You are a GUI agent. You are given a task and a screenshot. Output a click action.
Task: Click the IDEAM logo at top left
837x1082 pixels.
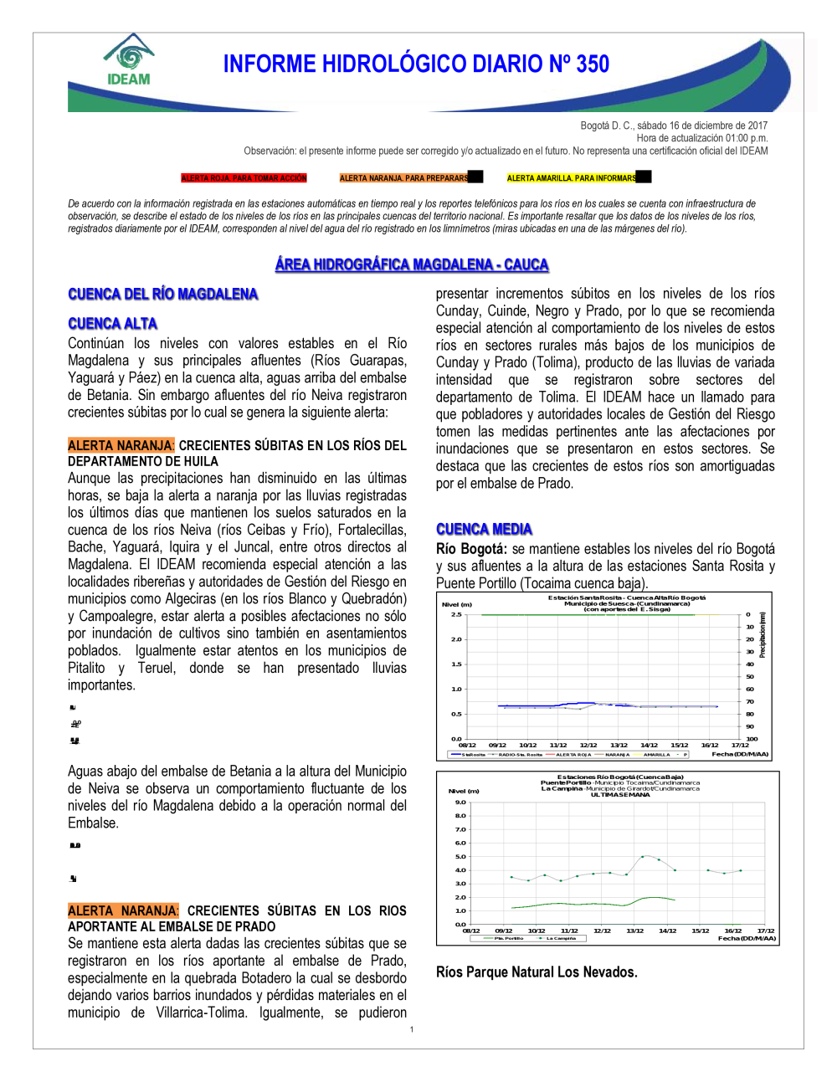pyautogui.click(x=129, y=60)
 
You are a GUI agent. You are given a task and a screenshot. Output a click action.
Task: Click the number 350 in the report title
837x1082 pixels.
pyautogui.click(x=592, y=64)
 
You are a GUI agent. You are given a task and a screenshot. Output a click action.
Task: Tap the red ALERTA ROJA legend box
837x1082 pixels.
pyautogui.click(x=244, y=178)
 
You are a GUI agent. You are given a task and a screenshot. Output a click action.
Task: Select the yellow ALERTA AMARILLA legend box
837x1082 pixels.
pyautogui.click(x=572, y=178)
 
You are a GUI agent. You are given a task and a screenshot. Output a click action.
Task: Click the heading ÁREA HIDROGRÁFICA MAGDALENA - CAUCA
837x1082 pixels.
pyautogui.click(x=412, y=264)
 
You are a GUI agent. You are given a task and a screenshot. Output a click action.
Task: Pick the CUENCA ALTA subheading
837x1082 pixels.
pyautogui.click(x=112, y=324)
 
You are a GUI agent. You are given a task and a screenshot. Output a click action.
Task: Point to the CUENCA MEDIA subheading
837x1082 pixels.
pyautogui.click(x=484, y=529)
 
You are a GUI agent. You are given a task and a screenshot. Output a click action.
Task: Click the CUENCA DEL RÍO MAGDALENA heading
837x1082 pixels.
pyautogui.click(x=162, y=294)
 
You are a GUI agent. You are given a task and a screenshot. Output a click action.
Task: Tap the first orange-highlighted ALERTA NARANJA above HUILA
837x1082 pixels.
pyautogui.click(x=121, y=445)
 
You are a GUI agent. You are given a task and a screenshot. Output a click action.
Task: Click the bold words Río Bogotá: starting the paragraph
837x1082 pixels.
pyautogui.click(x=471, y=549)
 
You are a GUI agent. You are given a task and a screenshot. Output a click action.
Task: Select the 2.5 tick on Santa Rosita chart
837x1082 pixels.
pyautogui.click(x=456, y=614)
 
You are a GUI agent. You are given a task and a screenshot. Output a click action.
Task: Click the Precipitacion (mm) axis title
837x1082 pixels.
pyautogui.click(x=763, y=634)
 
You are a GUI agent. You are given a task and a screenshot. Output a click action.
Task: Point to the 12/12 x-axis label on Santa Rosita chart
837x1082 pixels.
pyautogui.click(x=588, y=745)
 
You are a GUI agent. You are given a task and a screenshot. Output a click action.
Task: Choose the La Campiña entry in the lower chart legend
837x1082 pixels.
pyautogui.click(x=560, y=938)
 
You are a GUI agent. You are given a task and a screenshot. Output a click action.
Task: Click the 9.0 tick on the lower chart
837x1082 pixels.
pyautogui.click(x=460, y=803)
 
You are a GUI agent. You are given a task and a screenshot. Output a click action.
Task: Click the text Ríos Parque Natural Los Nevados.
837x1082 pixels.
pyautogui.click(x=537, y=972)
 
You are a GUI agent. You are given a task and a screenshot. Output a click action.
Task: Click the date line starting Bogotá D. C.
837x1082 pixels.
pyautogui.click(x=674, y=126)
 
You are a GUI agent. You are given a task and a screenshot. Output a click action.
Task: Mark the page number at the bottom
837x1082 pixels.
pyautogui.click(x=412, y=1029)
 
